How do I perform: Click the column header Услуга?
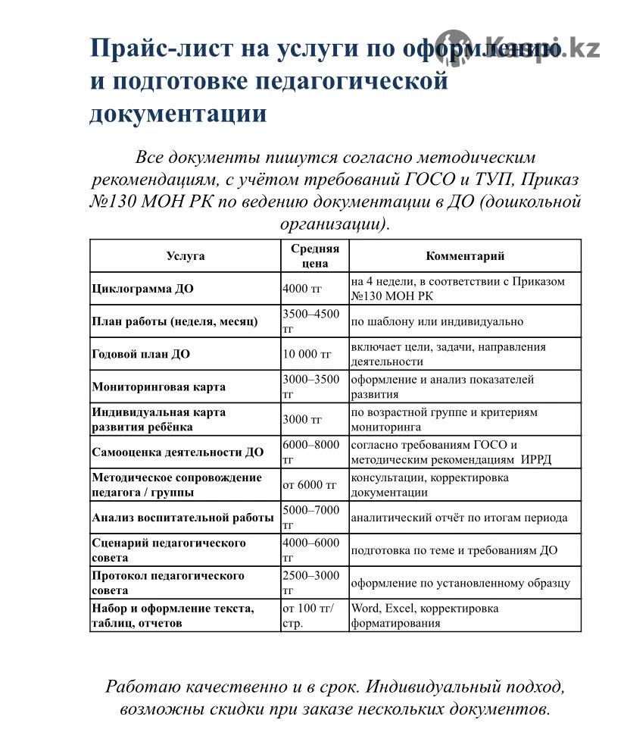point(185,256)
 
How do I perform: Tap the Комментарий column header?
point(465,256)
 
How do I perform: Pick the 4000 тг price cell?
point(301,289)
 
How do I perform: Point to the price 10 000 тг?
point(307,354)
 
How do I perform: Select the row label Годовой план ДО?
point(141,354)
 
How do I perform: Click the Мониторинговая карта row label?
point(158,387)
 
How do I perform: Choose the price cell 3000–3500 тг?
point(311,387)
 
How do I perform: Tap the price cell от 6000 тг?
point(309,484)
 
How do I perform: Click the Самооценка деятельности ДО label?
point(178,452)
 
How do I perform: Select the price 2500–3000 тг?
point(311,583)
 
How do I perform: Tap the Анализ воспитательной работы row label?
point(182,518)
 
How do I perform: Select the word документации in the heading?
point(178,113)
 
